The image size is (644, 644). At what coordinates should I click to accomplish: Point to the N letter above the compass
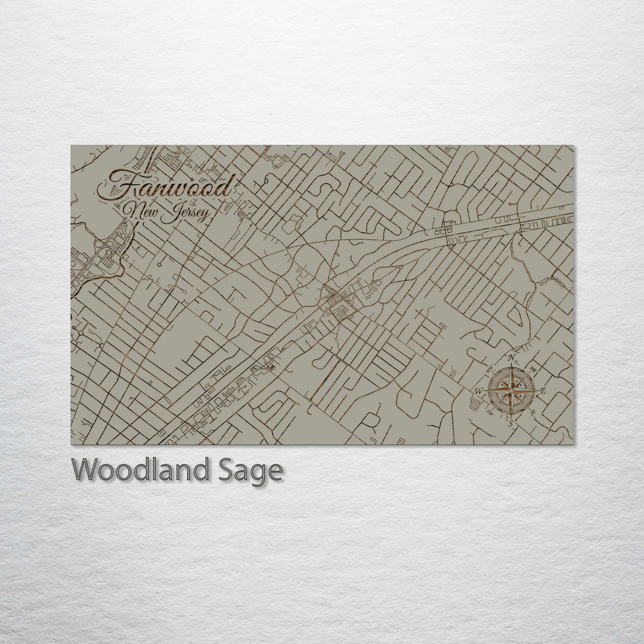click(x=512, y=358)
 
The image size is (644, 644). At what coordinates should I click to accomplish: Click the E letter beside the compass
click(x=543, y=391)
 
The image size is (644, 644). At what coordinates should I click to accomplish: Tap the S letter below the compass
click(x=511, y=423)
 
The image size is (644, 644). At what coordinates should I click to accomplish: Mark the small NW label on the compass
click(x=490, y=369)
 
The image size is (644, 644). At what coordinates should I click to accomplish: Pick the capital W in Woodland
click(x=86, y=470)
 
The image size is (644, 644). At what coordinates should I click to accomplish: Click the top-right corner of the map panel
click(x=573, y=145)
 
